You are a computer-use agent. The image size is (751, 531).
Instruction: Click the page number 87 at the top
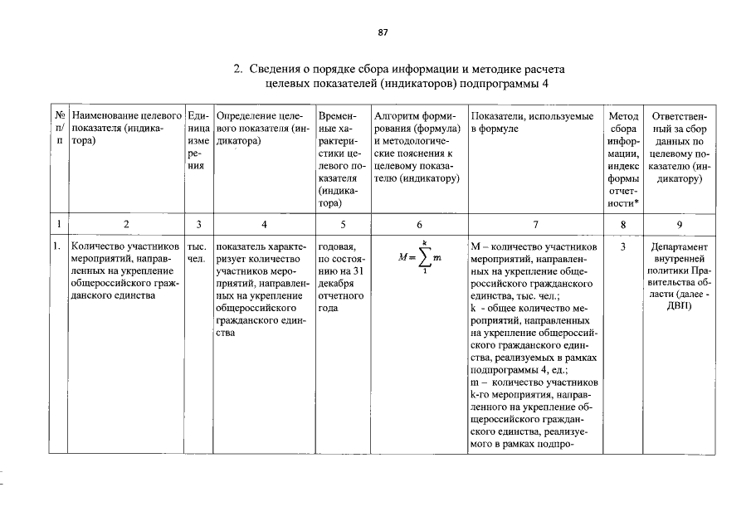pos(383,33)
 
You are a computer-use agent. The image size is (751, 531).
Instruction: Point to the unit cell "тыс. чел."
pos(198,253)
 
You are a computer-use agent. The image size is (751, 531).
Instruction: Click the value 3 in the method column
pos(623,247)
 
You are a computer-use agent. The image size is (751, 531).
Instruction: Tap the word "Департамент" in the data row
pos(680,247)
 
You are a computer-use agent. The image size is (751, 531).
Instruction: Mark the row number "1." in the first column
pos(57,247)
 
